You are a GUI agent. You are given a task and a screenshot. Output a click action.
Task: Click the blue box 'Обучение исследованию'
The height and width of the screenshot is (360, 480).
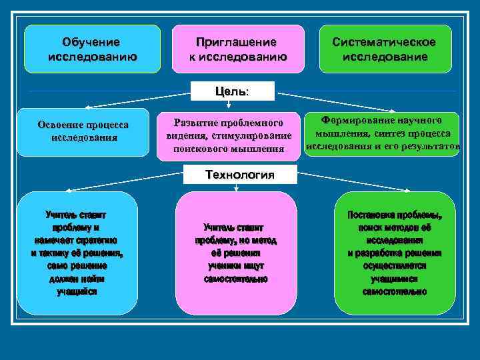92,49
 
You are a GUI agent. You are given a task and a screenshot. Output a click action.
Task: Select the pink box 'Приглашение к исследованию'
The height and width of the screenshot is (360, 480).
238,49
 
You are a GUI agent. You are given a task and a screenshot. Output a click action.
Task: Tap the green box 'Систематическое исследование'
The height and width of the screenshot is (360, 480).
385,49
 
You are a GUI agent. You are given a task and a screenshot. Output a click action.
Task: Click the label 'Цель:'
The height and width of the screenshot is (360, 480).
233,91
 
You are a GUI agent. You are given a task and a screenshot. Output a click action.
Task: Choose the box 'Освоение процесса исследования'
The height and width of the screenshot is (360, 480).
83,131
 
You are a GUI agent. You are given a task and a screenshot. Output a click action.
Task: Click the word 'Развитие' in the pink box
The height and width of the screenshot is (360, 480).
193,123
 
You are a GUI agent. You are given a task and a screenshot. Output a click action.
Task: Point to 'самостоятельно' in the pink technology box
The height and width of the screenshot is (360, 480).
236,279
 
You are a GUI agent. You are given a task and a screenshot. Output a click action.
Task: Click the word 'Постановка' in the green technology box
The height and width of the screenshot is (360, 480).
371,215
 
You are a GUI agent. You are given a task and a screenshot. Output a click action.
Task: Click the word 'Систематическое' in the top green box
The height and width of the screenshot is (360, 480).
385,42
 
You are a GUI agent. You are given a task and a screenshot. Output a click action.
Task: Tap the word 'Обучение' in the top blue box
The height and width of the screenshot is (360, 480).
92,42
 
